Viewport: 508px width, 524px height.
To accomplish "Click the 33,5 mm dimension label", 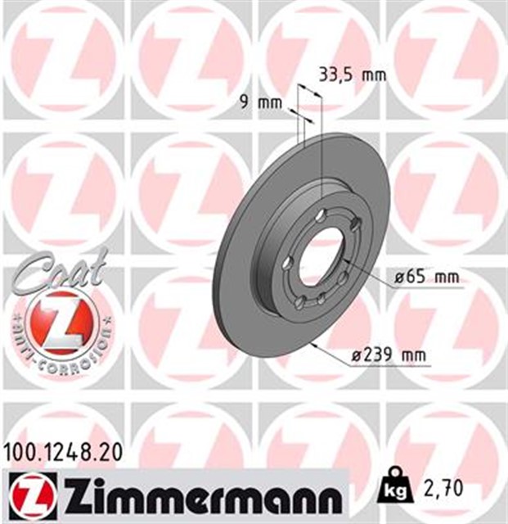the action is click(x=353, y=75).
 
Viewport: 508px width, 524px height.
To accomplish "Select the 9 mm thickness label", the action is click(x=262, y=102).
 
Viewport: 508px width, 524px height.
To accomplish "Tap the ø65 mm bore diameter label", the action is click(x=427, y=277).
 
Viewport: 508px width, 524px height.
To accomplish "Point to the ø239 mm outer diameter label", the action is click(x=389, y=355).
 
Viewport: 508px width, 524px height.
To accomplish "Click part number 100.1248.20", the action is click(x=63, y=455).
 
